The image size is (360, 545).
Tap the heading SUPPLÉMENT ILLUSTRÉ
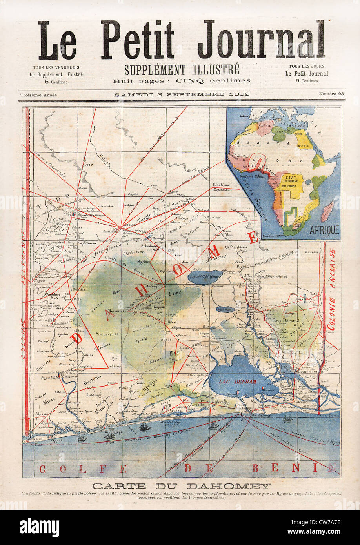point(182,70)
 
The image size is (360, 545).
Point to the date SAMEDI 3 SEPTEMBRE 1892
point(182,94)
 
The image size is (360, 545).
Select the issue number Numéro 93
point(331,94)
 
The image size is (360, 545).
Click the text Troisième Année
point(38,95)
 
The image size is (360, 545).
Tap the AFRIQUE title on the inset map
point(324,230)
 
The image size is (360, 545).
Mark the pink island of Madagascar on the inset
point(328,212)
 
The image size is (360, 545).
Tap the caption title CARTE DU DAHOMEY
point(182,486)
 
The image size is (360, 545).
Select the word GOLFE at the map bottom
point(84,469)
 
